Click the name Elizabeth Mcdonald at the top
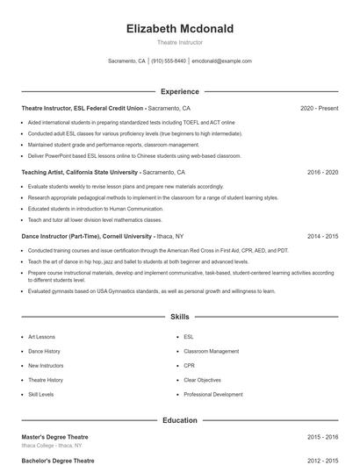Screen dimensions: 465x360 pyautogui.click(x=179, y=28)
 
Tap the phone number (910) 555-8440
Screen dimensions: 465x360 pyautogui.click(x=169, y=61)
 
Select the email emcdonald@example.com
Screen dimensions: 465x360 pyautogui.click(x=221, y=61)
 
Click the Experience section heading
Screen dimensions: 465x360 pyautogui.click(x=179, y=91)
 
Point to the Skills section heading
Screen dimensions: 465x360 pyautogui.click(x=179, y=316)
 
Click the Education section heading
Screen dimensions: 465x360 pyautogui.click(x=179, y=420)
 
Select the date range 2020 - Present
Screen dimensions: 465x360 pyautogui.click(x=319, y=108)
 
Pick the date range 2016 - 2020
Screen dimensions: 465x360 pyautogui.click(x=322, y=173)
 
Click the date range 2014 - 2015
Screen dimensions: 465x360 pyautogui.click(x=322, y=237)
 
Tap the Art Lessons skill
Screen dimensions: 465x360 pyautogui.click(x=41, y=337)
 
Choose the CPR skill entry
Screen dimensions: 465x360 pyautogui.click(x=189, y=366)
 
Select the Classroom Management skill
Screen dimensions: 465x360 pyautogui.click(x=211, y=352)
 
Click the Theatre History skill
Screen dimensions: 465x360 pyautogui.click(x=46, y=380)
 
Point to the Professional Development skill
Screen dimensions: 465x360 pyautogui.click(x=213, y=395)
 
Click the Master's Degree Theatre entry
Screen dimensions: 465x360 pyautogui.click(x=55, y=437)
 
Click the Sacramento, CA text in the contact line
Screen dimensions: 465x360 pyautogui.click(x=126, y=61)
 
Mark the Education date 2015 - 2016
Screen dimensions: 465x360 pyautogui.click(x=322, y=437)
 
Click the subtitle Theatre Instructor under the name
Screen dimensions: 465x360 pyautogui.click(x=179, y=42)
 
